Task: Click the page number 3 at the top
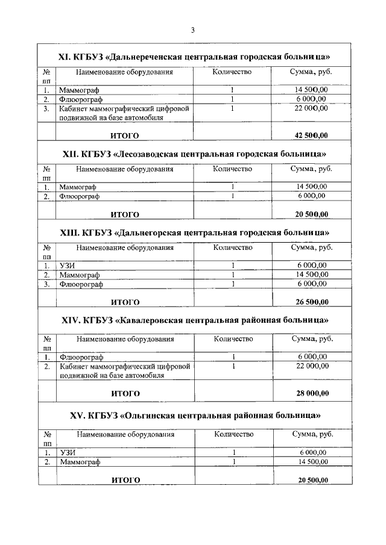[x=192, y=30]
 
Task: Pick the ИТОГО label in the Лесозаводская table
[x=125, y=214]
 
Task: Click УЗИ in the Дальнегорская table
[x=66, y=266]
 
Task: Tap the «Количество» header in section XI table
[x=232, y=72]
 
